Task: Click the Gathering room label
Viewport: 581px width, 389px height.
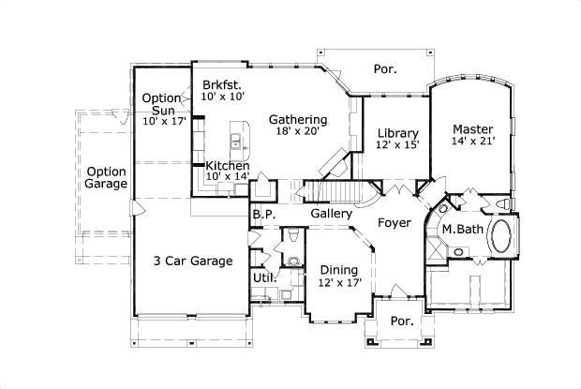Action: click(298, 119)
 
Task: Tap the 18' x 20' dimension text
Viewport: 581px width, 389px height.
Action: click(298, 132)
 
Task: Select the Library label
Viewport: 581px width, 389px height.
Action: click(397, 132)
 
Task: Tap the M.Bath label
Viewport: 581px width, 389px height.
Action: click(461, 230)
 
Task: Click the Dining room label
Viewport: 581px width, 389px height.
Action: click(338, 269)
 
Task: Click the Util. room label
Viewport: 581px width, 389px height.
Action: click(263, 277)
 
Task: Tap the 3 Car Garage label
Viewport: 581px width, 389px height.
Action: click(193, 262)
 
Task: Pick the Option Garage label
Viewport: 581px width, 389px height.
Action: click(106, 178)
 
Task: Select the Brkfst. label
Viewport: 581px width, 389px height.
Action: click(222, 85)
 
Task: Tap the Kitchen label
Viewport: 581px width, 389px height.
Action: click(228, 166)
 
